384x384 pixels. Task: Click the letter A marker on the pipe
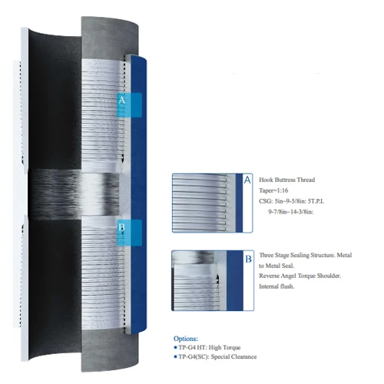click(x=122, y=100)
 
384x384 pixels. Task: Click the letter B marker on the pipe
click(x=121, y=227)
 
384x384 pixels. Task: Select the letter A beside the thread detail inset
click(x=247, y=180)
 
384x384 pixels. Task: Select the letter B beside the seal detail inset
click(x=248, y=259)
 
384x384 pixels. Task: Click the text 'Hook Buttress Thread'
click(x=286, y=180)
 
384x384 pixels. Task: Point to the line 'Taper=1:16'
click(x=273, y=190)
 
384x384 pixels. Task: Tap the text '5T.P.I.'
click(x=316, y=201)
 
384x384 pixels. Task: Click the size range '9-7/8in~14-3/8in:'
click(x=291, y=212)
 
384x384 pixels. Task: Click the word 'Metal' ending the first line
click(x=344, y=255)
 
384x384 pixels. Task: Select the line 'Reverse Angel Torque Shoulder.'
click(x=300, y=276)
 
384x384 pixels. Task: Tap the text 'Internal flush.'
click(x=276, y=286)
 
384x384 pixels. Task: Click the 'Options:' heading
click(x=186, y=339)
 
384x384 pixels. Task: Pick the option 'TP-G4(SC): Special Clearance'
click(x=217, y=356)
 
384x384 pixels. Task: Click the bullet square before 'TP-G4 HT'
click(x=175, y=347)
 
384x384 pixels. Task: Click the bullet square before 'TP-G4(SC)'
click(x=175, y=356)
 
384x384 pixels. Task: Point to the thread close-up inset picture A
click(x=212, y=203)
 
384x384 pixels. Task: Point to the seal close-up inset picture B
click(x=213, y=280)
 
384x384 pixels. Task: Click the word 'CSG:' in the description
click(x=266, y=201)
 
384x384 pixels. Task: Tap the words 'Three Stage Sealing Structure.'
click(x=297, y=255)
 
